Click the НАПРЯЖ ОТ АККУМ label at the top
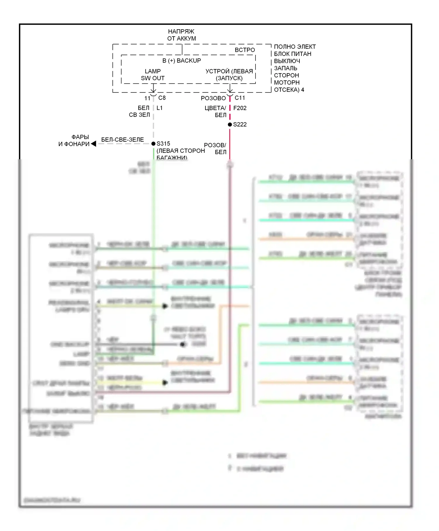181,35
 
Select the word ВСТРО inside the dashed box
245,50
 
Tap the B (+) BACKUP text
181,61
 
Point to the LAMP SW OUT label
152,75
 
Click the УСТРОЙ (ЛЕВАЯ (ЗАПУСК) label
229,75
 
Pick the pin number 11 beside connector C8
147,98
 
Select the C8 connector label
162,98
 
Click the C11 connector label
240,98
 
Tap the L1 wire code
160,108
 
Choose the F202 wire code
240,108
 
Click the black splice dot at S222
230,124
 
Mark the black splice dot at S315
153,144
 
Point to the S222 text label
240,124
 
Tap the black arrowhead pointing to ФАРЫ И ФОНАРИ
93,144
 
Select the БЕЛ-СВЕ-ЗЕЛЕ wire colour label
122,140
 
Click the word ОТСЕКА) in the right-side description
287,90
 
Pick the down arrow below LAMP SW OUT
153,88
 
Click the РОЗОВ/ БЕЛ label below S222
216,148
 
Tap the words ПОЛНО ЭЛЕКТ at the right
295,47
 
